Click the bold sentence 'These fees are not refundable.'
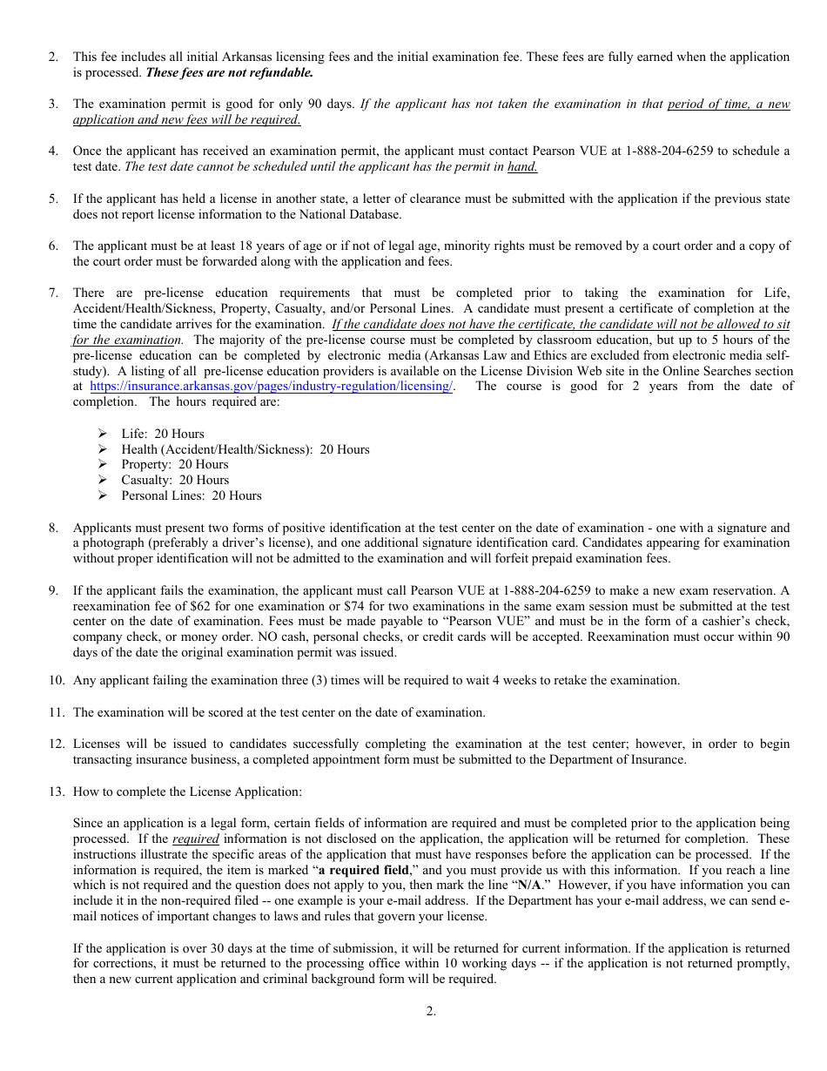(229, 72)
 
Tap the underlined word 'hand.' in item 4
(522, 167)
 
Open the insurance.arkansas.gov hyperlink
(271, 387)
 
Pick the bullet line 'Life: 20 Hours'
(163, 434)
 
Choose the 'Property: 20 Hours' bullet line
(174, 464)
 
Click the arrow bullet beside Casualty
(103, 480)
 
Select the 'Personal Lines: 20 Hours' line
(191, 495)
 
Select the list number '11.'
(57, 712)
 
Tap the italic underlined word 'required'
(196, 839)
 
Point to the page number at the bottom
(431, 1011)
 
